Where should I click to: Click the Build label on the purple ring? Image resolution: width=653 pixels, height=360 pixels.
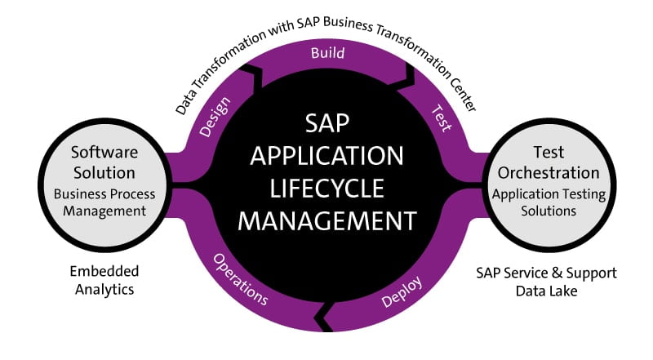[327, 54]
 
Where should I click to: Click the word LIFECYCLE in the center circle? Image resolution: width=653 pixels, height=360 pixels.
[327, 187]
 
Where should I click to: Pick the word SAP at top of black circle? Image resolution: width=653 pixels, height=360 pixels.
[327, 123]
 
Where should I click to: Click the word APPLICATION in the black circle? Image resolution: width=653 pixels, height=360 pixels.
[327, 155]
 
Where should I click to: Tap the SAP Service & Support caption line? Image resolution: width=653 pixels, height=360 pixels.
[547, 273]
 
